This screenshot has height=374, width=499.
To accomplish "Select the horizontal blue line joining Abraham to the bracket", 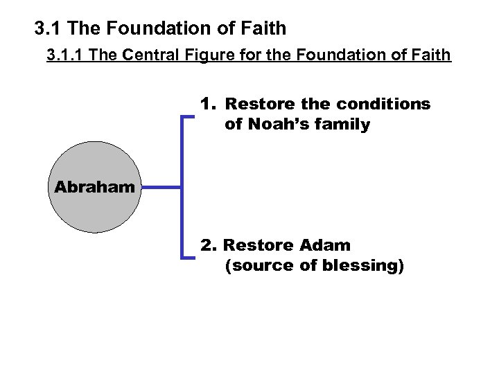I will (162, 187).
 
